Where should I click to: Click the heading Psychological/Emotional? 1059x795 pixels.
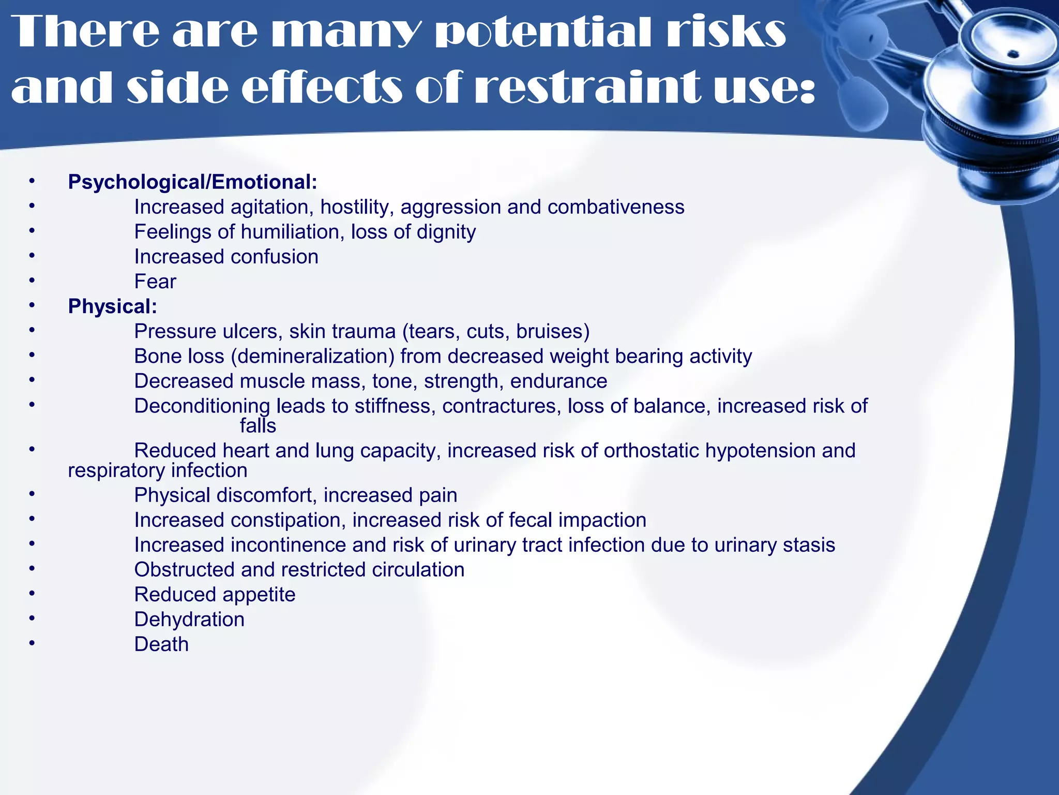pos(192,182)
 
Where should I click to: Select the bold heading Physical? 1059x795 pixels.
pos(112,306)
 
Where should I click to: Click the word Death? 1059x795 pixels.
pos(161,644)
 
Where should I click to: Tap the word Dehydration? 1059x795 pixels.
pos(189,620)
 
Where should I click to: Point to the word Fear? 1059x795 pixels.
pos(155,282)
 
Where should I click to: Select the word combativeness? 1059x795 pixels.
pos(616,207)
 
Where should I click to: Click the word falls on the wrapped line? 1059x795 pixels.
pos(258,426)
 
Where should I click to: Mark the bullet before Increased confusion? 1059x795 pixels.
pos(32,255)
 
